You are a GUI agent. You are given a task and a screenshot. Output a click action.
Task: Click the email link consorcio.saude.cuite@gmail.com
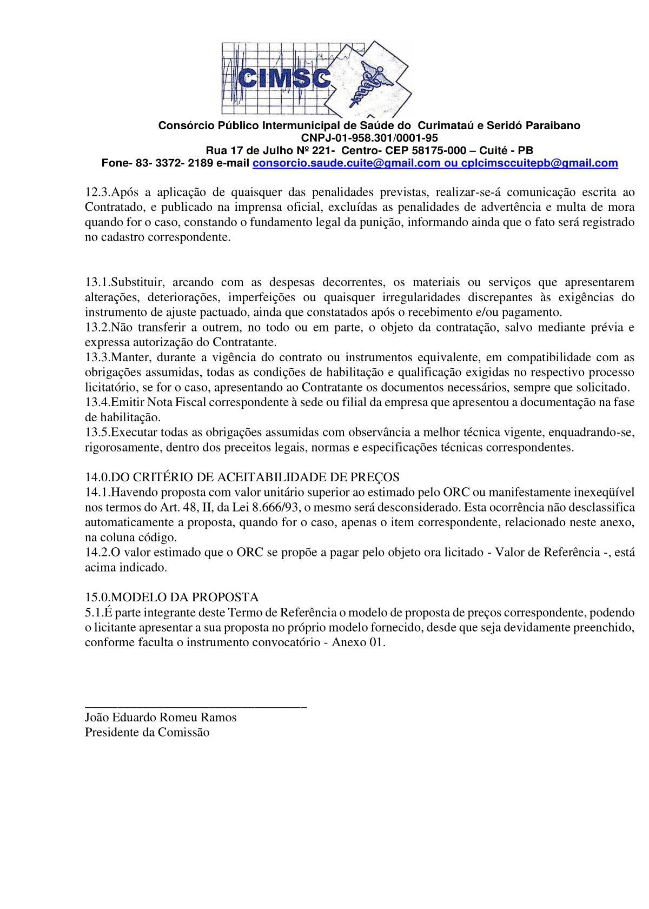pyautogui.click(x=346, y=163)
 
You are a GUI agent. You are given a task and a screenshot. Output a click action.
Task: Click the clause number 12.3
pyautogui.click(x=98, y=192)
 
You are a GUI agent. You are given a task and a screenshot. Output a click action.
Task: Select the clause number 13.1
pyautogui.click(x=98, y=282)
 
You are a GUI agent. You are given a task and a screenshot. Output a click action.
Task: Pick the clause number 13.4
pyautogui.click(x=98, y=402)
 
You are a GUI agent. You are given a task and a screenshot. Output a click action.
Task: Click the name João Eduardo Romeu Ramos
pyautogui.click(x=161, y=718)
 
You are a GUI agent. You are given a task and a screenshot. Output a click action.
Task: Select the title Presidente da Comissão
pyautogui.click(x=147, y=733)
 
